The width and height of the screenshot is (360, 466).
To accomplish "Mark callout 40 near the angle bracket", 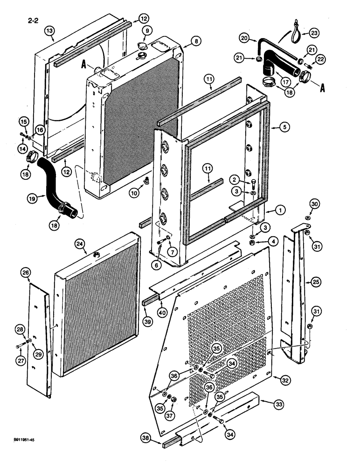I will pos(161,312).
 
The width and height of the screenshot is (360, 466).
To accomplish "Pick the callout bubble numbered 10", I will pos(133,192).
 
